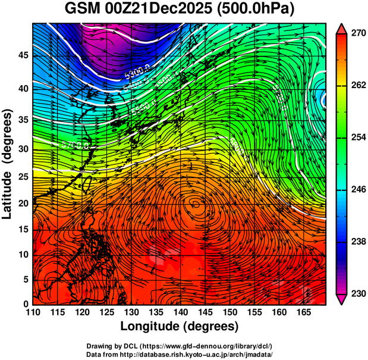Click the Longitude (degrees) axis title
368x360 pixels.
click(x=180, y=327)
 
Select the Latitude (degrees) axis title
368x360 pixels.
click(x=8, y=164)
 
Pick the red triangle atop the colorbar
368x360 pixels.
click(x=342, y=28)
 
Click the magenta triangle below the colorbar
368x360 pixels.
click(x=342, y=300)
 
